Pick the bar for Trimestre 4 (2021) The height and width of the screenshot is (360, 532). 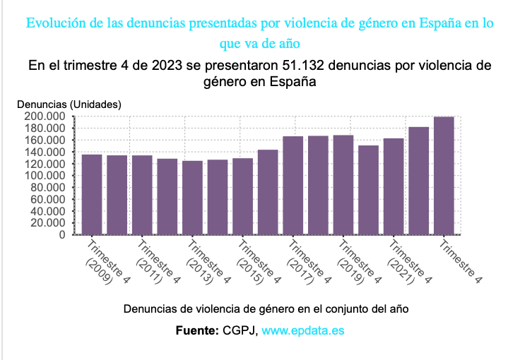394,186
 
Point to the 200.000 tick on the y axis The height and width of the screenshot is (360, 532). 45,116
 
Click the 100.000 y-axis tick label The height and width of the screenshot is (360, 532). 45,176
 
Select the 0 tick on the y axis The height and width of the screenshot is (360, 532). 62,235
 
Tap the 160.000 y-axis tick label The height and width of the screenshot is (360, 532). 45,140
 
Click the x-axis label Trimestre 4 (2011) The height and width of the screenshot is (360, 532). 152,263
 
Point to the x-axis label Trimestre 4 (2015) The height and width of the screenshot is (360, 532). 253,263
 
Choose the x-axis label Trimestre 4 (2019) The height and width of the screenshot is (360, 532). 353,263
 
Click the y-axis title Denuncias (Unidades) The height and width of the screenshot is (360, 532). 69,104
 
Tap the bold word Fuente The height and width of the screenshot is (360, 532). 197,330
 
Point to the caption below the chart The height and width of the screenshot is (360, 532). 266,309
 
